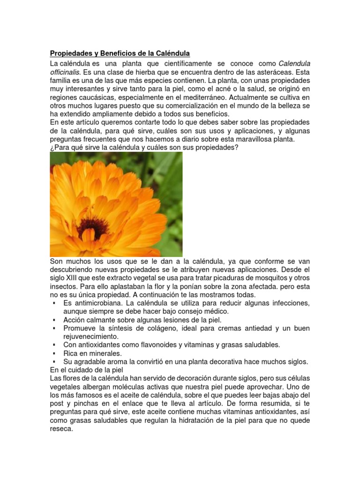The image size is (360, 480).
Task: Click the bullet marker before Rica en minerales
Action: [x=55, y=353]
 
